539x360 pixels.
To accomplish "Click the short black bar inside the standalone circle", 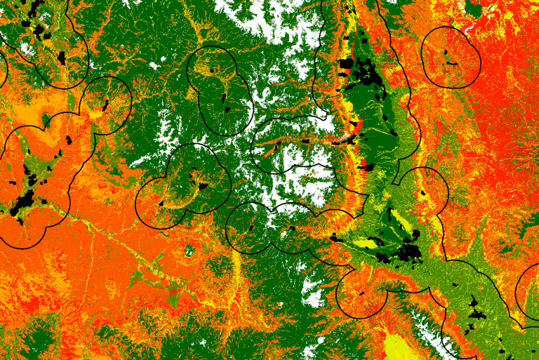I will (451, 64).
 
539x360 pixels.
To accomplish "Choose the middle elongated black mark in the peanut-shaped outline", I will (225, 98).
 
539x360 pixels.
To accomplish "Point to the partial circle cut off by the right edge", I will (528, 291).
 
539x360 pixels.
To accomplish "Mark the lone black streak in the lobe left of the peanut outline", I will (106, 105).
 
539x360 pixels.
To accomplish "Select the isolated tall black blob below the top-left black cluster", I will (61, 58).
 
